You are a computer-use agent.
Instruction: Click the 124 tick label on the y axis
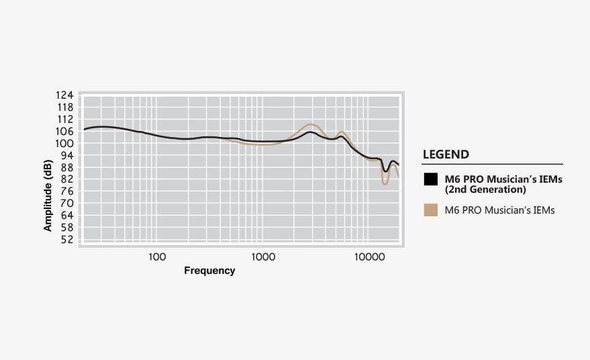(65, 95)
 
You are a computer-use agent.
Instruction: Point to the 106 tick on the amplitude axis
(65, 132)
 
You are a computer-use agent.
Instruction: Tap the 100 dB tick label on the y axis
(65, 144)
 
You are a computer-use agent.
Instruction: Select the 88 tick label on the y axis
(66, 168)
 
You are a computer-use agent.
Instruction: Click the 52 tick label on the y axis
(66, 240)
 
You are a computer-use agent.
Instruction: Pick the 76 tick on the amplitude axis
(66, 192)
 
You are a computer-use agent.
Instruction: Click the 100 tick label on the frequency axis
(156, 257)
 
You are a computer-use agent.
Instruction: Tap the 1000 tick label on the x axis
(264, 257)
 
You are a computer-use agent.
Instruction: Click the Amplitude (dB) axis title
(48, 191)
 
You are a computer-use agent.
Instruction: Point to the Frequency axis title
(209, 271)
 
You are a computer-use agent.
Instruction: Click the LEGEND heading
(446, 154)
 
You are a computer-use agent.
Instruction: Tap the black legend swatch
(431, 179)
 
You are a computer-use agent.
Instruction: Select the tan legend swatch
(431, 210)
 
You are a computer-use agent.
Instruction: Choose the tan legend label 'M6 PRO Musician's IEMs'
(499, 210)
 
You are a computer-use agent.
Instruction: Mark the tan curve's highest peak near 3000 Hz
(310, 124)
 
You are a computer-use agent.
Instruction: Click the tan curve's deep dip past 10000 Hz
(385, 183)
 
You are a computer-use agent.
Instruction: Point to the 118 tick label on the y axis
(65, 107)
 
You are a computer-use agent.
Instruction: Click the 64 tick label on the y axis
(66, 216)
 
